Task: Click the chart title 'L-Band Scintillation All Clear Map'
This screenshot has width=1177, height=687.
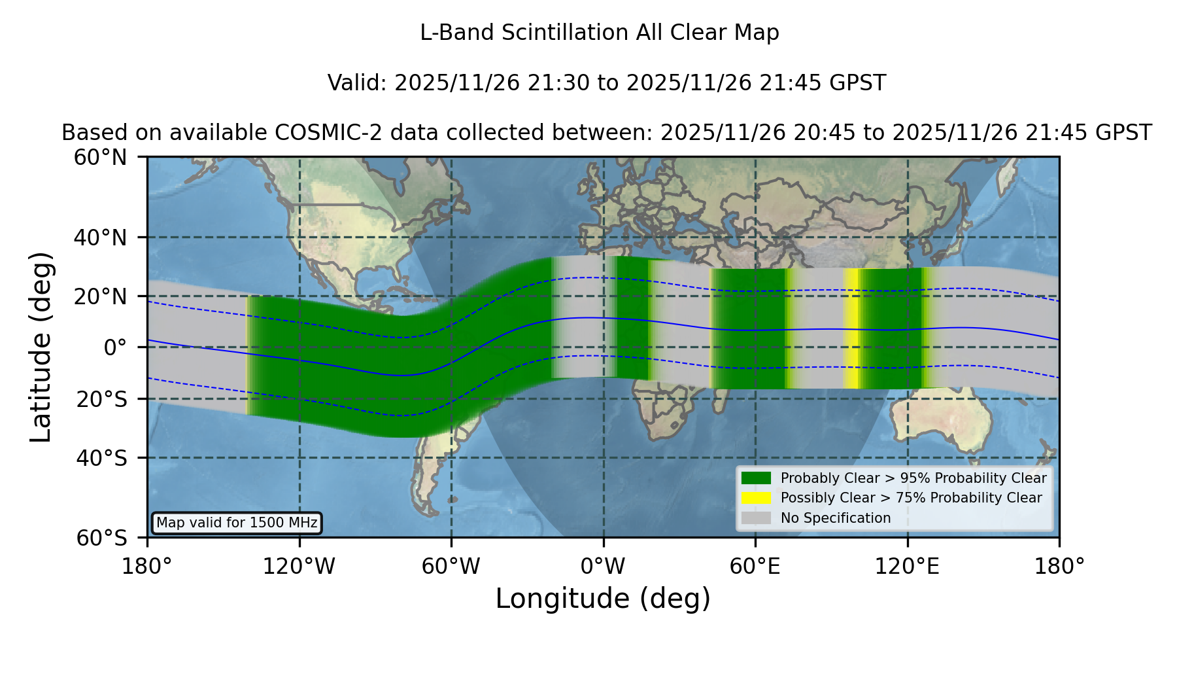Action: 599,33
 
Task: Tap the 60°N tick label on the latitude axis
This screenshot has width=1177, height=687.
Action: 100,158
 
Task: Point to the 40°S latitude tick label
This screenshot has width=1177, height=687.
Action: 102,458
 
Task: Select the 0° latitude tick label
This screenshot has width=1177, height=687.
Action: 115,347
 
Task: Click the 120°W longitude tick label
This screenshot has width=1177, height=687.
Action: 299,567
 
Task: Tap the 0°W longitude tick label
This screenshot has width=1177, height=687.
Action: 603,567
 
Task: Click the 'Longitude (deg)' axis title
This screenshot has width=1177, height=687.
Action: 603,599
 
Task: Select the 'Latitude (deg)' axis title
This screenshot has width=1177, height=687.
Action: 41,347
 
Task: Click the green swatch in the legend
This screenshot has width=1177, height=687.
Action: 756,478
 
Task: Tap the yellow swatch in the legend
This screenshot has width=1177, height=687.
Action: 756,497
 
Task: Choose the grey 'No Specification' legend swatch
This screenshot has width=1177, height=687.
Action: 756,518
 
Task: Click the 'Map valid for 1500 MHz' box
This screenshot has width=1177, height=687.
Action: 237,523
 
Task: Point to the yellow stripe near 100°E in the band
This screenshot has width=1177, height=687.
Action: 851,328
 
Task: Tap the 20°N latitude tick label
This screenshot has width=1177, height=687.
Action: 100,296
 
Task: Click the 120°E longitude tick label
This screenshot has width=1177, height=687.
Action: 907,567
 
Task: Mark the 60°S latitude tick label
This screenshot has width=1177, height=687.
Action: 102,538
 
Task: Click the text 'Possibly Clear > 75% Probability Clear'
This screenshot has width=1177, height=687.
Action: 912,498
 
